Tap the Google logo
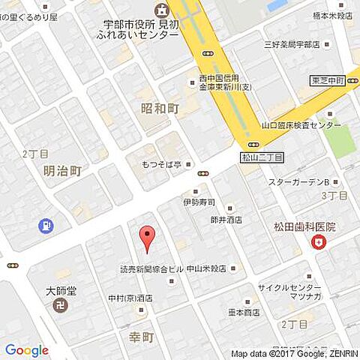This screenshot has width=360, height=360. (x=27, y=350)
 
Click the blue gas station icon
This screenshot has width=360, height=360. (x=47, y=224)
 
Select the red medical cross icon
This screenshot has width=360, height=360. (x=320, y=241)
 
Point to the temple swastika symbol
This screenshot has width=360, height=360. (x=61, y=306)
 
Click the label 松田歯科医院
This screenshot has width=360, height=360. (x=304, y=226)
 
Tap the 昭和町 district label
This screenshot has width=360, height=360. (x=160, y=109)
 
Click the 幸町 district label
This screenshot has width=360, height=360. (x=142, y=337)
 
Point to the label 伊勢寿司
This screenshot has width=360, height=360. (x=199, y=202)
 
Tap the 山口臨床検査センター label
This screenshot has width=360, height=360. (x=301, y=125)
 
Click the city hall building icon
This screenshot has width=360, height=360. (x=160, y=10)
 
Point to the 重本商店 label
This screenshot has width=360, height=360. (x=244, y=312)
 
